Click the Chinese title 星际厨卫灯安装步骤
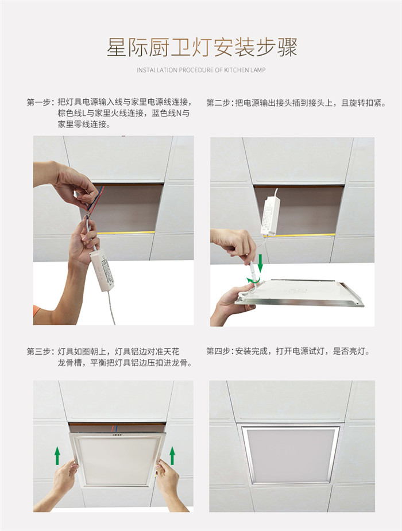[202, 48]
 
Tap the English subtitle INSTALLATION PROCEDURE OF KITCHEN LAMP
[201, 70]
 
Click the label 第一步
[38, 102]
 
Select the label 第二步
[218, 103]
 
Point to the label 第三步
[38, 351]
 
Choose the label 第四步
[218, 351]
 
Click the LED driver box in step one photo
[102, 270]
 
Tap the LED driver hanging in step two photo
[270, 216]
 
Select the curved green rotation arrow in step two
[253, 280]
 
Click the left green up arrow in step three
[57, 455]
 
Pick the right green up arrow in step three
[172, 455]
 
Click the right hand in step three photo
[173, 485]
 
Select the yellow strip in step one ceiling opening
[126, 232]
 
